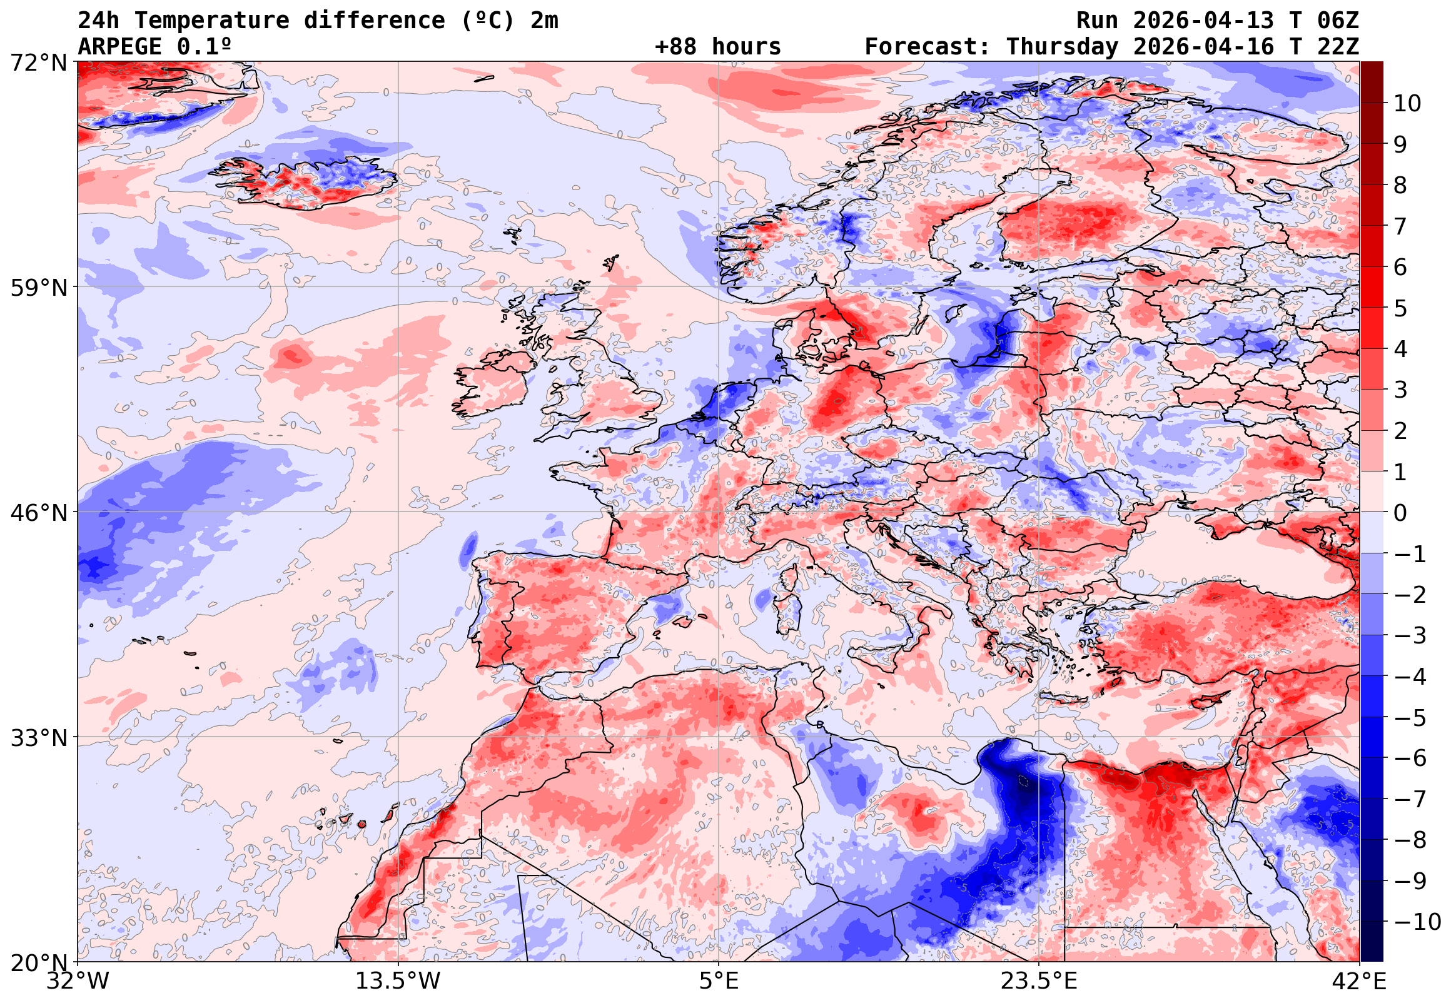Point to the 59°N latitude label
38,288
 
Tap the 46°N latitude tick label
38,513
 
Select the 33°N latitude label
38,737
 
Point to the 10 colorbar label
1407,103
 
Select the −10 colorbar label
1417,922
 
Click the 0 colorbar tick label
1400,513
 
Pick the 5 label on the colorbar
1400,308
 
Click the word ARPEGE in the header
119,46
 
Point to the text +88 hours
717,46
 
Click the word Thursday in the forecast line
1062,46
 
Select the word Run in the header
1097,20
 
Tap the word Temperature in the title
212,20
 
